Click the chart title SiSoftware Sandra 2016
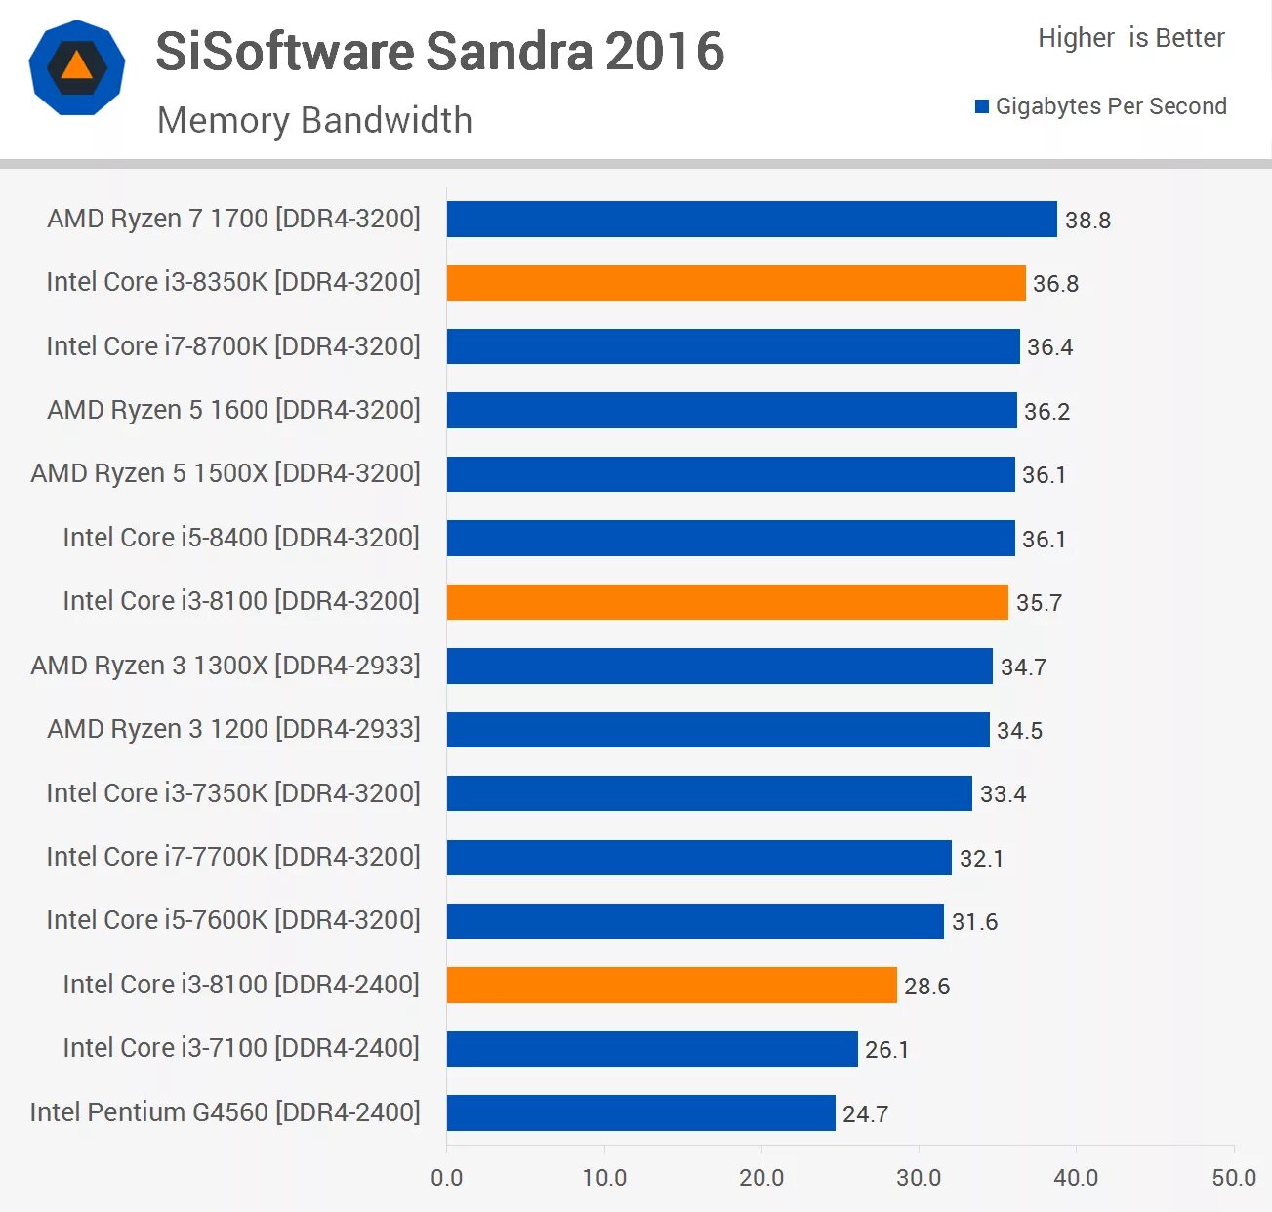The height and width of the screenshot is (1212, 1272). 439,52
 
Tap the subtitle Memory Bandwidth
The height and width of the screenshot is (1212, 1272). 314,120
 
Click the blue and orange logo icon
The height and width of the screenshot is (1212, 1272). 77,67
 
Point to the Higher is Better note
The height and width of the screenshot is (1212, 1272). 1130,38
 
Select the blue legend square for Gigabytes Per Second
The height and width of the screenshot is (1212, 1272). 982,106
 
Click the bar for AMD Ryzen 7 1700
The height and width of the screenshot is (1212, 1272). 752,220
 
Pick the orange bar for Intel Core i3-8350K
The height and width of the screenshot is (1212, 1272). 736,283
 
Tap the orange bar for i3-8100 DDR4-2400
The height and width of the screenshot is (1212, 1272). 672,985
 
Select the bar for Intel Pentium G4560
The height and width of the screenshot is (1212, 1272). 640,1112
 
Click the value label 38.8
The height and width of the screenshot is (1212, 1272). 1087,221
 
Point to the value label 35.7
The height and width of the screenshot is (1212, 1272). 1039,603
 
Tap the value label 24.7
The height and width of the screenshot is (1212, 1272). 865,1113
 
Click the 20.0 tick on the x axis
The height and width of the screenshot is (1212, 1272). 761,1177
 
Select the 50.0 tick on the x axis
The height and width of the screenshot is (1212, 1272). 1233,1177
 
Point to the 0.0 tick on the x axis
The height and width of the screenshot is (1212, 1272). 447,1177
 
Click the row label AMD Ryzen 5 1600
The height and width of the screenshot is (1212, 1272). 233,410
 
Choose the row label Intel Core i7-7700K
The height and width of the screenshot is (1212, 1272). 233,857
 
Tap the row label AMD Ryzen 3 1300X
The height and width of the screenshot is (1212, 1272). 226,666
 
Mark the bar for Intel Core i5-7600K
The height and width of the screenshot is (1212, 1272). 695,921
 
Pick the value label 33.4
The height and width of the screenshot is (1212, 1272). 1003,794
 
